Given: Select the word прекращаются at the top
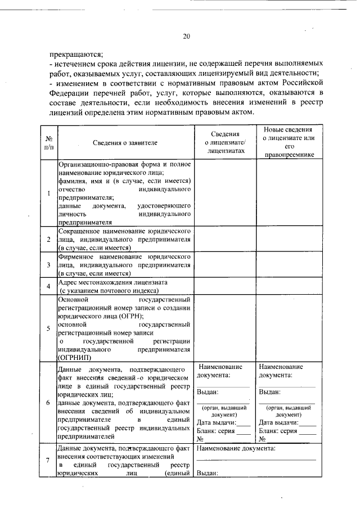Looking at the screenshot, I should [75, 55].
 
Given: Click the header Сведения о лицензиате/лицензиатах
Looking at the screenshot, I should [226, 142].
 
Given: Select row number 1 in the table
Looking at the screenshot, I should [49, 193].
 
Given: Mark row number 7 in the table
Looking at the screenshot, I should [49, 462].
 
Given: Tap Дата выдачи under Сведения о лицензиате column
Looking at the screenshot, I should [215, 422].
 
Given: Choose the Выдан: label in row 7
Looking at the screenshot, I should [206, 474].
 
